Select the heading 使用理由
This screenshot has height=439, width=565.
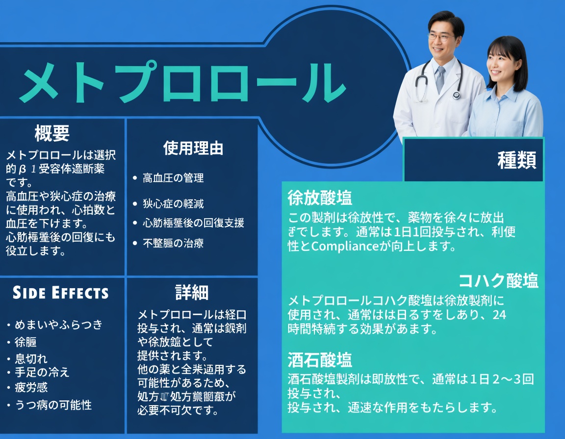193,148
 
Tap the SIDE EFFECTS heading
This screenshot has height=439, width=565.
60,293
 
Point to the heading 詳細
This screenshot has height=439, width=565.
192,293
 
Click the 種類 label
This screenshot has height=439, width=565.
516,160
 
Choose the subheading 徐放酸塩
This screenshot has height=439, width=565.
320,198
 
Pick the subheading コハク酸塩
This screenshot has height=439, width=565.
498,281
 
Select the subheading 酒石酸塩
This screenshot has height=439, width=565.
320,361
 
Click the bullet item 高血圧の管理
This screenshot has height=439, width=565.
173,178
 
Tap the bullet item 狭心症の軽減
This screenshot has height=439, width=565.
173,203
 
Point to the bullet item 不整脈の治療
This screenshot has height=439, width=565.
173,243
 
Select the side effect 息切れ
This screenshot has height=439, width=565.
31,359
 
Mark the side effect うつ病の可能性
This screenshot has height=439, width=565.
53,405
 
